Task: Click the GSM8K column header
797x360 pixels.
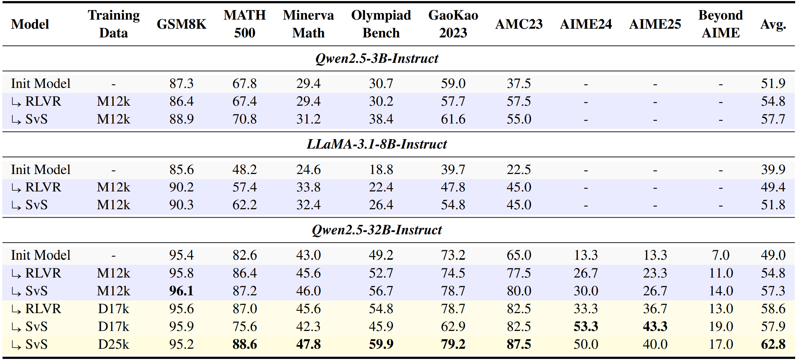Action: coord(181,24)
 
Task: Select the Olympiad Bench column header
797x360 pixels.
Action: coord(381,24)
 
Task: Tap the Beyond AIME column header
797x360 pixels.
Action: coord(721,24)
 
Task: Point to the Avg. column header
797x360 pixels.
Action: coord(773,24)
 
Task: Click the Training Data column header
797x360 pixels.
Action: coord(114,24)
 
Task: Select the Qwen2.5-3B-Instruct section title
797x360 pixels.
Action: coord(377,58)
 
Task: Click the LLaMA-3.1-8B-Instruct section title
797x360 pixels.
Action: coord(377,144)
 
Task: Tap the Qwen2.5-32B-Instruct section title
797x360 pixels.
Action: coord(377,230)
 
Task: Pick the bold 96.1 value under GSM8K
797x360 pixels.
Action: coord(181,291)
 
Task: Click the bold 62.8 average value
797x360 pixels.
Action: coord(773,344)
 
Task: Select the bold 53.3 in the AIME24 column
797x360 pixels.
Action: coord(586,327)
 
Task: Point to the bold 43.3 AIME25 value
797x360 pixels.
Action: coord(655,327)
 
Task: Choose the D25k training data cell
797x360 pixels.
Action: coord(114,344)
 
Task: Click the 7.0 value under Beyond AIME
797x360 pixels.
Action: coord(721,255)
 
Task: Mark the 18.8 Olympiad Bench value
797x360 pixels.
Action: coord(381,170)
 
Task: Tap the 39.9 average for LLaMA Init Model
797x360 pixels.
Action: coord(773,170)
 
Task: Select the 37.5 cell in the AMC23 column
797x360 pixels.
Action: coord(519,84)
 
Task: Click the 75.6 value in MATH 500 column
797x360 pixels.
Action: coord(244,327)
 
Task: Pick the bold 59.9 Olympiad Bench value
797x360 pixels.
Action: coord(381,344)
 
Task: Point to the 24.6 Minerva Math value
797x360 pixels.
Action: coord(308,170)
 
